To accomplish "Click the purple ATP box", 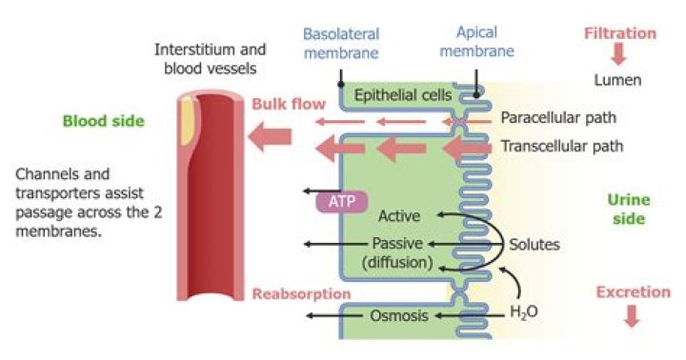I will pyautogui.click(x=341, y=203).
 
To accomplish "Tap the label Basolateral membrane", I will pyautogui.click(x=340, y=42).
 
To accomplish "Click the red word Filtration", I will pyautogui.click(x=620, y=34).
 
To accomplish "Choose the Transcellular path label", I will pyautogui.click(x=562, y=147).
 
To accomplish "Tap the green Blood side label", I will pyautogui.click(x=104, y=121).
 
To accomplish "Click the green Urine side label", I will pyautogui.click(x=627, y=210).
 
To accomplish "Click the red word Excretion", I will pyautogui.click(x=633, y=292).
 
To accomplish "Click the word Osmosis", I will pyautogui.click(x=398, y=316).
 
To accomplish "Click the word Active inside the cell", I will pyautogui.click(x=398, y=215).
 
